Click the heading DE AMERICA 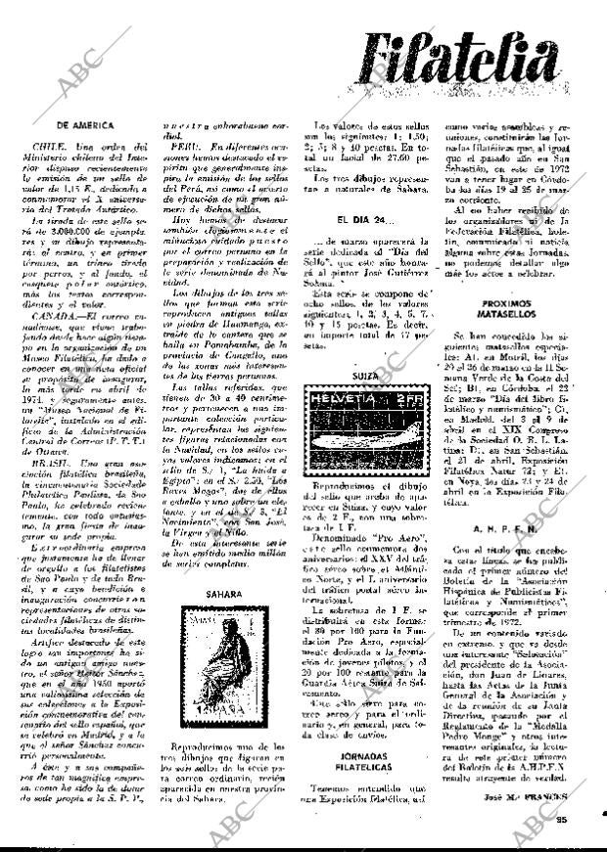(86, 126)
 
